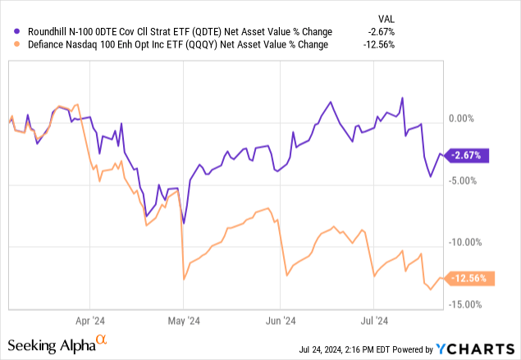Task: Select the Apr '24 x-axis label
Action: click(90, 321)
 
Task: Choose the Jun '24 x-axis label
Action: click(280, 321)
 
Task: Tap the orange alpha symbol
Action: click(102, 338)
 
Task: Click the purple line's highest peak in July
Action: click(402, 98)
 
